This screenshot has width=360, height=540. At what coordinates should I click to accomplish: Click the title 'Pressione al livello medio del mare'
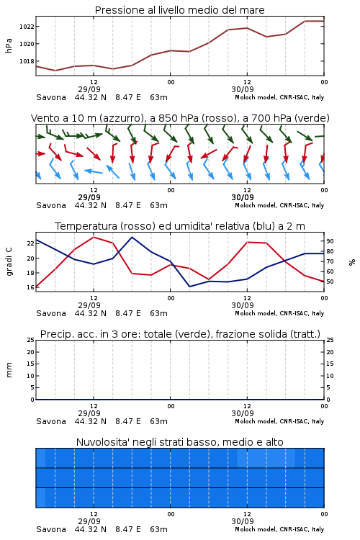coord(179,10)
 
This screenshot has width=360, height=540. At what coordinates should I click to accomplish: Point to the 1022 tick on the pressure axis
coord(27,27)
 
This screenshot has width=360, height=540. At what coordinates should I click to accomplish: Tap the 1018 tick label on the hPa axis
coord(27,61)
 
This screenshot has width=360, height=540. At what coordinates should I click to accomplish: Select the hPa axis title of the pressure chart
coord(9,45)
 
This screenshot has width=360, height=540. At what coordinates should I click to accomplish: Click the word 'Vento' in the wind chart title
coord(43,118)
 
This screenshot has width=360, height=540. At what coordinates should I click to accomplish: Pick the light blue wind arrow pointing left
coord(94,171)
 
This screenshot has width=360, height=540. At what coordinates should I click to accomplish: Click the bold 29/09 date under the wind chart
coord(89,197)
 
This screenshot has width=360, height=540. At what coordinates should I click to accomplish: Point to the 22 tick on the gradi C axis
coord(31,243)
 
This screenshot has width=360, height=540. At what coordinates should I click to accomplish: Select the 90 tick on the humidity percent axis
coord(330,241)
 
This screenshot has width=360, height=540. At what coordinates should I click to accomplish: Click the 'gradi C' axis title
coord(9,262)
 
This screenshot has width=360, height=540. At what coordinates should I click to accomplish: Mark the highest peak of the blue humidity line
coord(132,238)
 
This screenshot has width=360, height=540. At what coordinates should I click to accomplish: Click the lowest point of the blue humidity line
coord(190,286)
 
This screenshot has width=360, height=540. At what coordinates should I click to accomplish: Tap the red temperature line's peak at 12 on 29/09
coord(94,238)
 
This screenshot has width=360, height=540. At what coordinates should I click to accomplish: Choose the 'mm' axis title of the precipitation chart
coord(9,370)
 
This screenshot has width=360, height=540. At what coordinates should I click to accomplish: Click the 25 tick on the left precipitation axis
coord(31,340)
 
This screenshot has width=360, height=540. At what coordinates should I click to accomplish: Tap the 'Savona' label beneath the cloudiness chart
coord(51,529)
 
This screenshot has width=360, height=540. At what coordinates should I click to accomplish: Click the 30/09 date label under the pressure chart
coord(243,89)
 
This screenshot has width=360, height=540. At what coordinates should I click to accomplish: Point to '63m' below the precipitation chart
coord(159,421)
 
